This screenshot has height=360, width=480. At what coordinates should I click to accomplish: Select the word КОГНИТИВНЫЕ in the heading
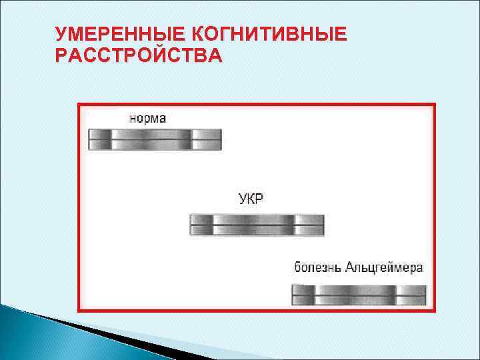(269, 34)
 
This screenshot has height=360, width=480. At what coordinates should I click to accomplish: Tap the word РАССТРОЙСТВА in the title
(139, 55)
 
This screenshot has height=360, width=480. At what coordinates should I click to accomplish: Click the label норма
(147, 118)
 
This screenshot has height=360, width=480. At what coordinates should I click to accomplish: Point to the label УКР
(251, 199)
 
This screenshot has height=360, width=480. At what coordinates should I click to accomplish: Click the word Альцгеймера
(384, 268)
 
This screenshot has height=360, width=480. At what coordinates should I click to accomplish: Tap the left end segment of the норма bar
(99, 139)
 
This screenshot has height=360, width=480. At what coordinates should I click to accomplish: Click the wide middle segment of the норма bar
(151, 139)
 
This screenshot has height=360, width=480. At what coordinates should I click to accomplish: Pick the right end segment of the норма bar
(207, 139)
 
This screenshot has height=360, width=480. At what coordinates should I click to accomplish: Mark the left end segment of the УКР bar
(201, 225)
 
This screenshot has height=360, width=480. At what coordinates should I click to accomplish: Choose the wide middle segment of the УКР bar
(253, 225)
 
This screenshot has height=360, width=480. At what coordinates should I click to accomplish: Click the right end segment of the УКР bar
(309, 225)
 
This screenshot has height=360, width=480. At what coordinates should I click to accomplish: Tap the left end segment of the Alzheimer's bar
(303, 295)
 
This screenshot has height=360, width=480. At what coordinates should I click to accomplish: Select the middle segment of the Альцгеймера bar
(355, 295)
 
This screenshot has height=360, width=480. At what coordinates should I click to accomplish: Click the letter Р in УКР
(259, 199)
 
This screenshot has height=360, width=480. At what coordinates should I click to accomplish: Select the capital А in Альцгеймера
(350, 268)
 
